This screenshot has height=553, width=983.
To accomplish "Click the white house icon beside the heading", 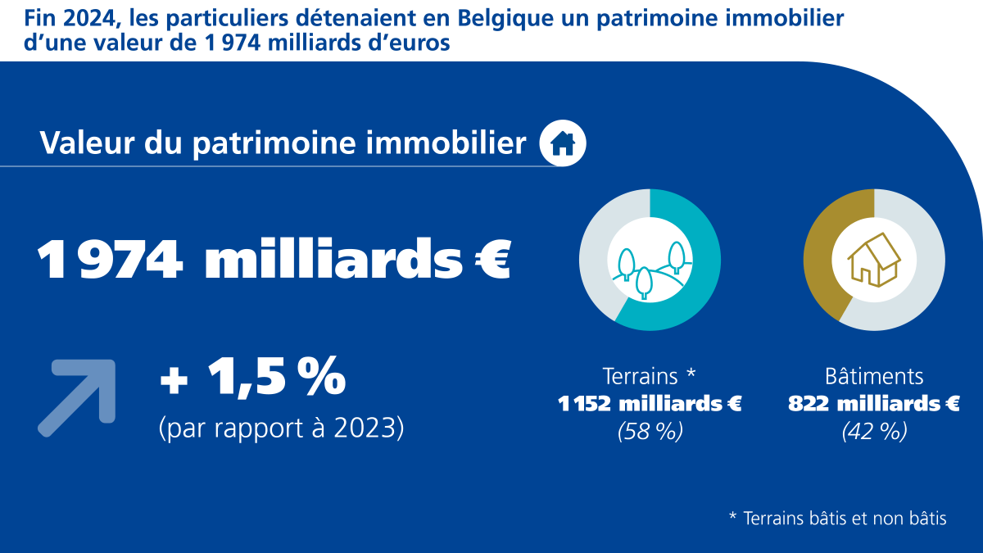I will coord(563,143).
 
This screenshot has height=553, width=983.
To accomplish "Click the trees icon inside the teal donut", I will coord(650,261).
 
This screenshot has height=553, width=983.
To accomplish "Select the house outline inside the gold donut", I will coord(874,260).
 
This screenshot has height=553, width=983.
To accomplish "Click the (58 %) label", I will coord(650,432).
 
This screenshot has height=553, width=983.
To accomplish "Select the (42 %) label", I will coord(874,432).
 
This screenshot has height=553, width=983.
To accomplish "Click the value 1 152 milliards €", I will coord(650,404).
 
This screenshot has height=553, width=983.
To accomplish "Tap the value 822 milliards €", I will coord(874,404).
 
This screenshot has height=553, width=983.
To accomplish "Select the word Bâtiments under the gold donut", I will coord(874,376).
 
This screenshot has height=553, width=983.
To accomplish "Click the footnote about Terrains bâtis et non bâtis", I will coord(837,519).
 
